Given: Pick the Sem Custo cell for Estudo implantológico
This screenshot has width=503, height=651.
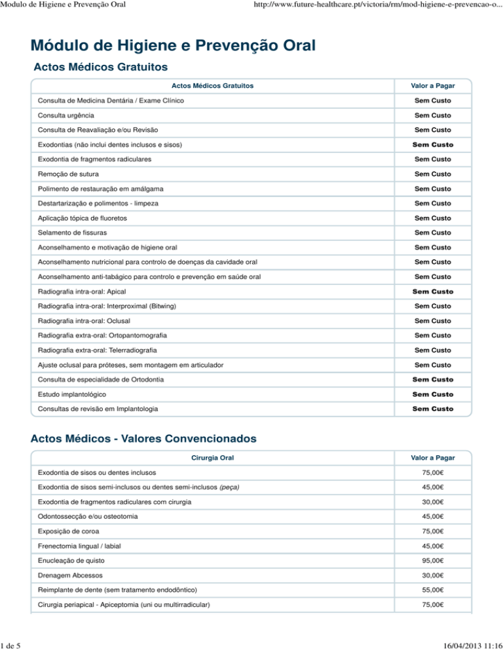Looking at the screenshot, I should pos(432,394).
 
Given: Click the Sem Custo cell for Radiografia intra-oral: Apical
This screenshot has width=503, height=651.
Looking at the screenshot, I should pos(432,291).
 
